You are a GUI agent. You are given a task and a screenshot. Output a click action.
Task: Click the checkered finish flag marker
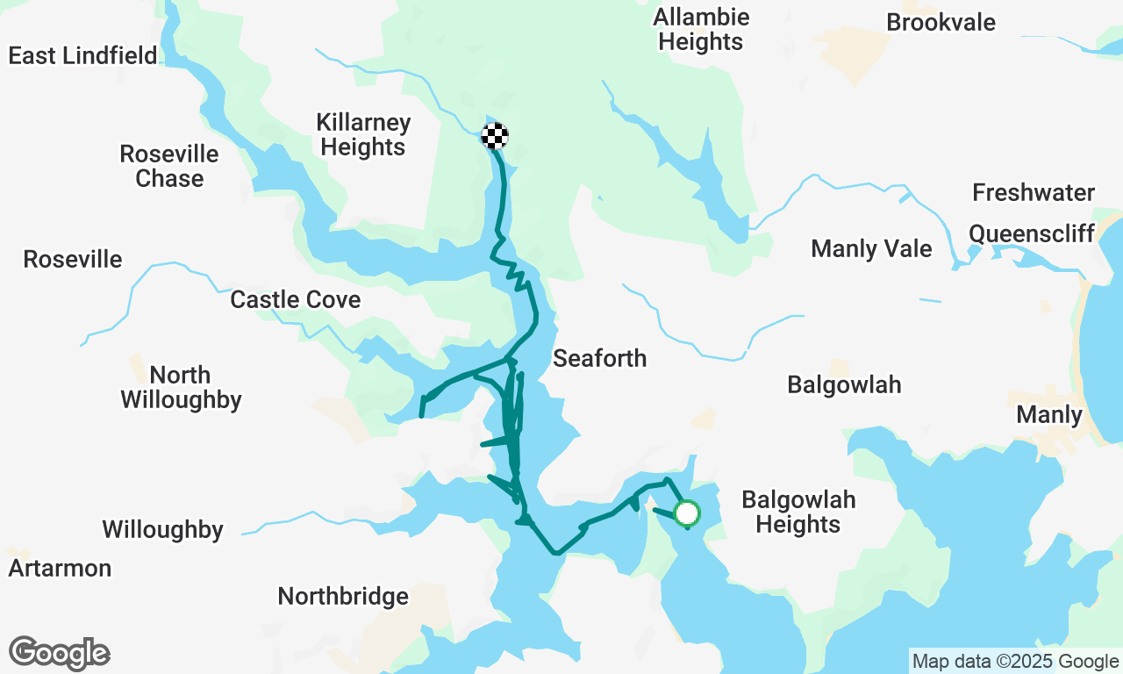[496, 136]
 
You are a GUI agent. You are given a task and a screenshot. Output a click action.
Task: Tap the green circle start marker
[687, 513]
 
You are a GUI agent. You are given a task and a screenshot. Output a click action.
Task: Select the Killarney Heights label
[363, 134]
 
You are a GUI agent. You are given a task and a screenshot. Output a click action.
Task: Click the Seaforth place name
[599, 358]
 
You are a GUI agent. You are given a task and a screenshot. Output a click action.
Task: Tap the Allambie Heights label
[701, 29]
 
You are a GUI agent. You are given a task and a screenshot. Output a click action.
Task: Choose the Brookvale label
[941, 22]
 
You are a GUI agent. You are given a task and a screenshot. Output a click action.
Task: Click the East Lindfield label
[82, 55]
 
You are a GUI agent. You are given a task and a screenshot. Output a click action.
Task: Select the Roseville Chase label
[169, 166]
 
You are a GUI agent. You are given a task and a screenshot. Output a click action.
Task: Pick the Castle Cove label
[295, 299]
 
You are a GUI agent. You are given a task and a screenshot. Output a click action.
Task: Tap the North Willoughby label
[181, 387]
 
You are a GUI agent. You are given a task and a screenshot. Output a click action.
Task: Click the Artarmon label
[60, 568]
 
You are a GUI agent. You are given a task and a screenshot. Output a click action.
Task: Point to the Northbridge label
[343, 596]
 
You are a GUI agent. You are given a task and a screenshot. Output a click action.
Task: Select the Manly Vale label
[871, 248]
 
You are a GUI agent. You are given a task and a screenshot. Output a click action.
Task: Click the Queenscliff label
[1032, 233]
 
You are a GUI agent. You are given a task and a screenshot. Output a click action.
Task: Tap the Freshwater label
[1034, 192]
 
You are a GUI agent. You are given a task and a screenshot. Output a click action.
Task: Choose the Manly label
[1048, 413]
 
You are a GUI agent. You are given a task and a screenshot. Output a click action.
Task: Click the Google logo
[60, 653]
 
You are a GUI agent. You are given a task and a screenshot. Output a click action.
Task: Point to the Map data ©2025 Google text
[1015, 662]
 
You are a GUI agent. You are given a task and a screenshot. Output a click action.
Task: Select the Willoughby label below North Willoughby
[162, 529]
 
